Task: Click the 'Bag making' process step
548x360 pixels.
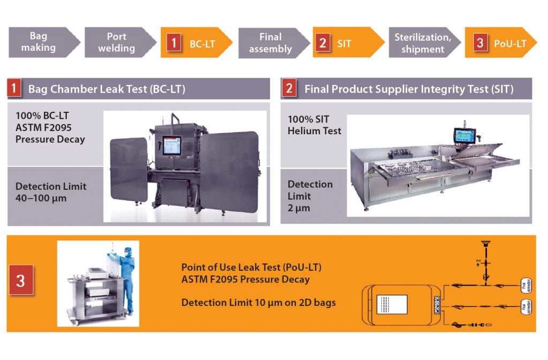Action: pyautogui.click(x=40, y=42)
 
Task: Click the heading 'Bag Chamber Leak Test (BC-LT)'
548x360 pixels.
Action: pyautogui.click(x=106, y=89)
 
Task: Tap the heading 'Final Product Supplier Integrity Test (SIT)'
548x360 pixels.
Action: pyautogui.click(x=409, y=89)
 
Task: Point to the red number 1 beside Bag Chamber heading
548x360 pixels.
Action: pyautogui.click(x=14, y=88)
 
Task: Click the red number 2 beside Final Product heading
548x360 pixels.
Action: pyautogui.click(x=290, y=88)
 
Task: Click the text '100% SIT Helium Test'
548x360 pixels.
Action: pyautogui.click(x=314, y=125)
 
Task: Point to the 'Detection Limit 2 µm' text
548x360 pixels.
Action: pyautogui.click(x=310, y=196)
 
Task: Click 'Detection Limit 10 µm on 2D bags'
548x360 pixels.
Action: pyautogui.click(x=258, y=303)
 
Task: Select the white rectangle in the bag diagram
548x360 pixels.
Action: pyautogui.click(x=392, y=304)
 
